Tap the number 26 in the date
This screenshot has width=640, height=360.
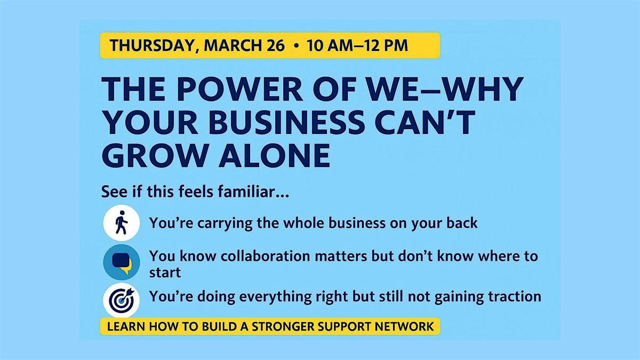276,46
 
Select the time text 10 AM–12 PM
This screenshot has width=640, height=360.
357,46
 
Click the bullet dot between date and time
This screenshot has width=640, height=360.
296,46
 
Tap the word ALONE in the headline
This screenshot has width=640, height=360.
275,155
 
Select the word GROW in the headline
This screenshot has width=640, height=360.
154,155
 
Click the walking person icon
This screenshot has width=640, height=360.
122,223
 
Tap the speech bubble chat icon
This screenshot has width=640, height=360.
122,262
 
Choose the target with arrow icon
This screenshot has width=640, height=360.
122,300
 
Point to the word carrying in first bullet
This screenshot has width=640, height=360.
225,223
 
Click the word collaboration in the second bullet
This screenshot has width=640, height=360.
266,256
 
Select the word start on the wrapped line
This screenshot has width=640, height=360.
165,273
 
